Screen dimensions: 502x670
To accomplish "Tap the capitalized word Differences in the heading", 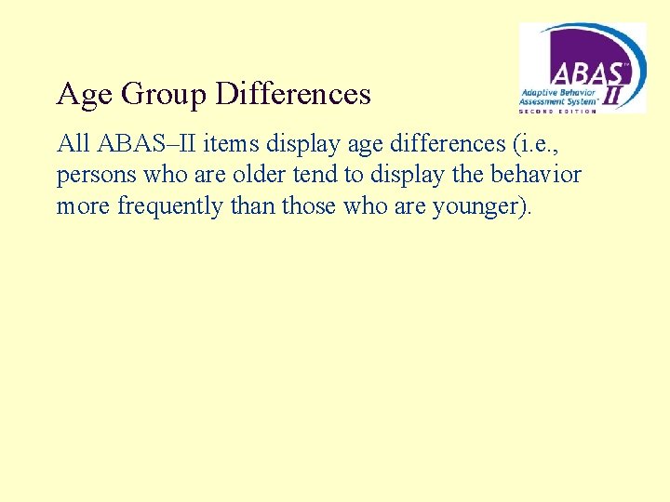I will point(293,94).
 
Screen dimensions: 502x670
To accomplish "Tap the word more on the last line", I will point(84,205).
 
